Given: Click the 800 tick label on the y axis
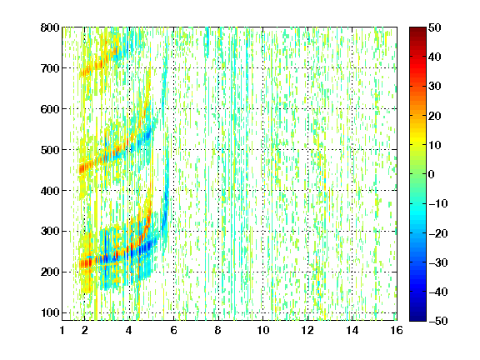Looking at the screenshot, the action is point(50,27).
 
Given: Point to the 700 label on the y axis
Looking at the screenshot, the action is point(50,68).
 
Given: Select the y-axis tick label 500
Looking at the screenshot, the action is point(50,150).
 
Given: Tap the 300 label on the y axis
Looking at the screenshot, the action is point(50,232).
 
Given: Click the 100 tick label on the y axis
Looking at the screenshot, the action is point(50,312).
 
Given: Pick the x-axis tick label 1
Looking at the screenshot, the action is point(62,331).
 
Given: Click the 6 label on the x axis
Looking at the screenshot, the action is point(174,331).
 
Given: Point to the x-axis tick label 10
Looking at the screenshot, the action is point(263,331).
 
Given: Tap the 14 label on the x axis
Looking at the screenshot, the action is point(352,331).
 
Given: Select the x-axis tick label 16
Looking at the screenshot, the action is point(397,331).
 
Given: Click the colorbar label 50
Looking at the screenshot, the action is point(434,27).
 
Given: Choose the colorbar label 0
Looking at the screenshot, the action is point(432,174).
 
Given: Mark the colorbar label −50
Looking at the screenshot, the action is point(437,321).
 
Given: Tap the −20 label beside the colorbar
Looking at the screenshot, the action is point(437,233).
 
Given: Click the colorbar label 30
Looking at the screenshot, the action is point(434,87).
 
